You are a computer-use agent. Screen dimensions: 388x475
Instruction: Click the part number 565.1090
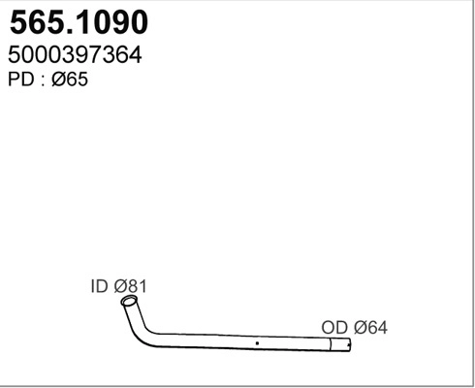(78, 22)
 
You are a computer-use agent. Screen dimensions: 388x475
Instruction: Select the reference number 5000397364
(75, 56)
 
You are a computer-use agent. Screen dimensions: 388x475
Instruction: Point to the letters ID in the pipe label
(99, 287)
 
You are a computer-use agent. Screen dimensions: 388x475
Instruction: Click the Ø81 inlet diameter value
(131, 287)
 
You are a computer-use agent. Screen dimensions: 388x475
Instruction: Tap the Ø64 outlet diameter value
(369, 329)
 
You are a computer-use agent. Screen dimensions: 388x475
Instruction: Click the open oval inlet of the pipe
(128, 304)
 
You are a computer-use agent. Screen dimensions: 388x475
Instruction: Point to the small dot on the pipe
(256, 342)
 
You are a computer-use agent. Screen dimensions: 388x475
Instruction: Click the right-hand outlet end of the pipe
(347, 343)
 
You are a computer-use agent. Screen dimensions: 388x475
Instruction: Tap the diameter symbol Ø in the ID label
(121, 287)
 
